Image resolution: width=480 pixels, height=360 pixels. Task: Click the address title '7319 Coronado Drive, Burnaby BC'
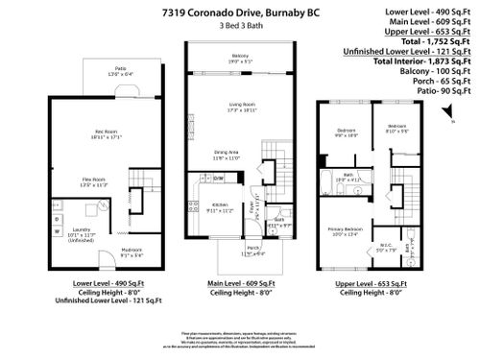[240, 12]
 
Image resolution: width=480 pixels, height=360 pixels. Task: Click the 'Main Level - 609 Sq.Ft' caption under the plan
[240, 285]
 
